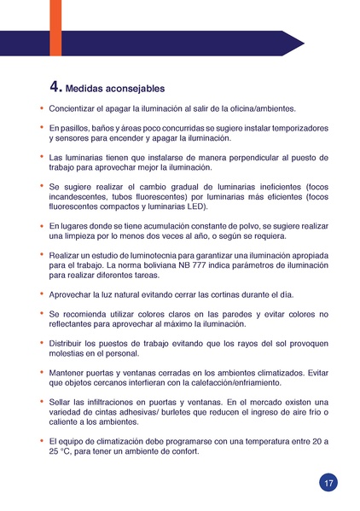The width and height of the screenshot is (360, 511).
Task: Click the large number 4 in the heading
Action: [x=55, y=86]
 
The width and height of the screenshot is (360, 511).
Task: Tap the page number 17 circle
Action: [x=328, y=483]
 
